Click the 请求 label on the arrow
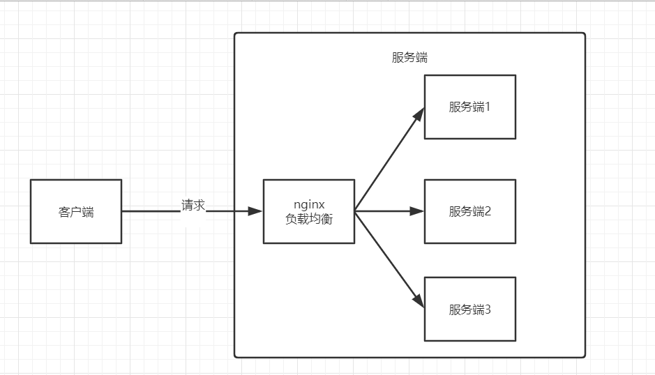(x=193, y=206)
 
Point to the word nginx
(x=309, y=205)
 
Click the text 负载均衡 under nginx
(x=309, y=219)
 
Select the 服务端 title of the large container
(x=409, y=58)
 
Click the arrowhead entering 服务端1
(x=419, y=113)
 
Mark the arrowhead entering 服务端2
(x=419, y=211)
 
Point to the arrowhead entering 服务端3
(x=419, y=302)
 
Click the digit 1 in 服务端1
(x=488, y=107)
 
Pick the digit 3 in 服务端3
(x=488, y=309)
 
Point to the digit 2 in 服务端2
(x=488, y=211)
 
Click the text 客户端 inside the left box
(x=76, y=212)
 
